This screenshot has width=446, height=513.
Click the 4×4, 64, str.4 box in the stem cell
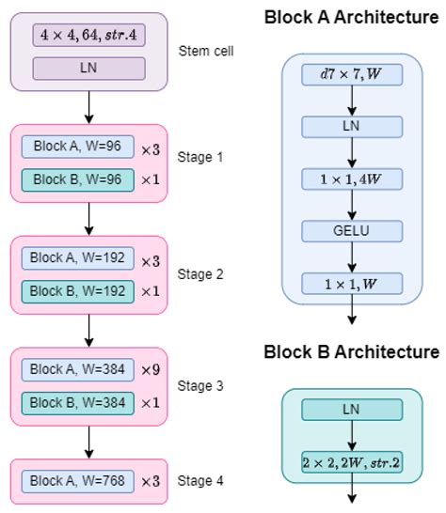[x=88, y=36]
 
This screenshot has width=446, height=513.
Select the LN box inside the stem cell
[x=88, y=68]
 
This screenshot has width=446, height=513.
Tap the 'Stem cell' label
[x=205, y=51]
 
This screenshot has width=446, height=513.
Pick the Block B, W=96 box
[x=78, y=179]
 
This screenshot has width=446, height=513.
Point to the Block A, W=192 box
[x=78, y=257]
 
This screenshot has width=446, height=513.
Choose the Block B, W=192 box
[x=78, y=290]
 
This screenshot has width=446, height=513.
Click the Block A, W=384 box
[x=78, y=369]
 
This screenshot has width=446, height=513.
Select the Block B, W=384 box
[x=78, y=402]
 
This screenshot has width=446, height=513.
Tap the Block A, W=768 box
[x=78, y=480]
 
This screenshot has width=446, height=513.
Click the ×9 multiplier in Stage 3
[x=151, y=370]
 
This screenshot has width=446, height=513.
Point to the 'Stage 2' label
[x=200, y=274]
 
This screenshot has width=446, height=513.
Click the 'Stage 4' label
[x=200, y=481]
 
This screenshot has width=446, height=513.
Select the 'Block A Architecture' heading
[x=351, y=17]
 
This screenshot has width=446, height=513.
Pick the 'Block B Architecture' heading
[x=351, y=352]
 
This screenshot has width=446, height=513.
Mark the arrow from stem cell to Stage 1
[x=88, y=107]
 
